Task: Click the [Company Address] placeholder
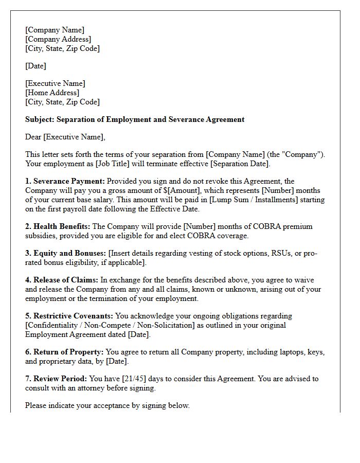click(58, 39)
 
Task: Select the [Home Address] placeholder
click(52, 93)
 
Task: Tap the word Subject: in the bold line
click(40, 119)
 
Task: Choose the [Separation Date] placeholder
click(236, 164)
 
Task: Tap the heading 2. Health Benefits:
click(58, 226)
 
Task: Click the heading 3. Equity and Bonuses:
click(65, 253)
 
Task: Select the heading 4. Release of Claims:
click(61, 280)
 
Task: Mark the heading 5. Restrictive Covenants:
click(69, 316)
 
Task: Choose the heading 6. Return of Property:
click(64, 352)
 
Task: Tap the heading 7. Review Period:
click(57, 379)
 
